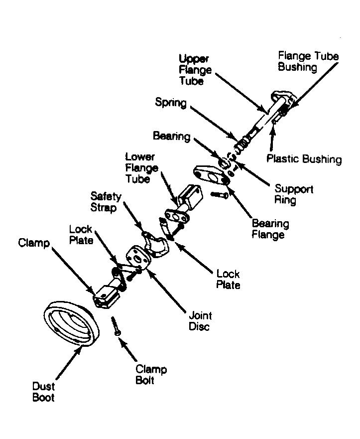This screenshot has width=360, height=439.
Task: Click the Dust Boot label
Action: click(x=43, y=392)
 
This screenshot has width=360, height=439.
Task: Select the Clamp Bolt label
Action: click(x=151, y=375)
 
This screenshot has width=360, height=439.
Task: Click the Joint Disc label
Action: click(x=200, y=321)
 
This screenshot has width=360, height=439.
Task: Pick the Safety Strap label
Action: click(x=106, y=202)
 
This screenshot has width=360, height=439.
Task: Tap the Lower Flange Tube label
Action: click(x=141, y=168)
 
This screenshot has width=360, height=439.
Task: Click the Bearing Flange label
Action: click(x=270, y=229)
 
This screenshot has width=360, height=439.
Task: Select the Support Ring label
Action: click(x=294, y=194)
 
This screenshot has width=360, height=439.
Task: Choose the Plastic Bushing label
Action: click(x=304, y=159)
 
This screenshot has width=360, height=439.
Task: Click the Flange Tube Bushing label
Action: click(x=308, y=61)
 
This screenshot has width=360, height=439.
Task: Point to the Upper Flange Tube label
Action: click(x=195, y=70)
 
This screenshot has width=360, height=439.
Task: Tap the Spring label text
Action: click(x=171, y=103)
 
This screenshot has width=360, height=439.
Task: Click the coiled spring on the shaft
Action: click(x=242, y=143)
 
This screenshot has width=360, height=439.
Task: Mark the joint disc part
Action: click(x=138, y=257)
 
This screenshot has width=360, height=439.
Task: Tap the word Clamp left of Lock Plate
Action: click(x=34, y=243)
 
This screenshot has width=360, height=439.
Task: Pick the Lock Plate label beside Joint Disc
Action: click(x=228, y=279)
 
